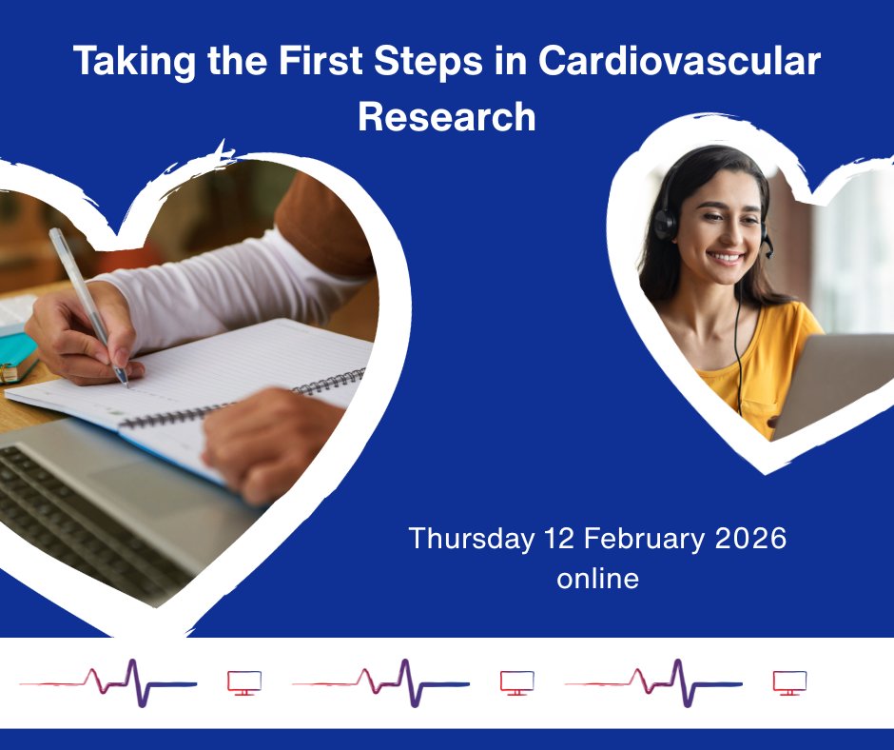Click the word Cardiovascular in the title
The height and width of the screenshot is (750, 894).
(679, 63)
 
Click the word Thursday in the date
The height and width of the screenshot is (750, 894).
(472, 538)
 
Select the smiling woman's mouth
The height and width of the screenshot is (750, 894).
(727, 257)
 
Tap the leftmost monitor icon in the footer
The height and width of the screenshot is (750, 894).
(244, 682)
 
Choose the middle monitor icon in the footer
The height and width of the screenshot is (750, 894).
(517, 682)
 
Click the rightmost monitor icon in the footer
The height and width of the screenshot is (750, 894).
(789, 682)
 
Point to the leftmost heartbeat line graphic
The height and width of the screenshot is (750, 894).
(109, 681)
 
